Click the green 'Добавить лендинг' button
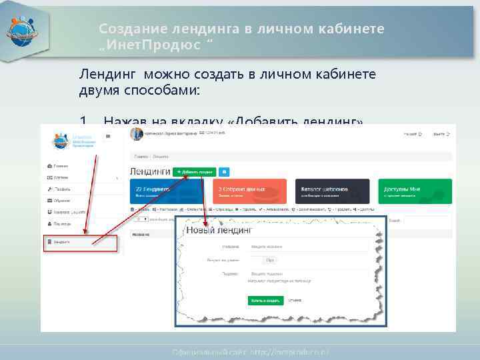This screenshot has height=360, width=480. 194,172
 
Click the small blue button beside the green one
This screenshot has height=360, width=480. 224,172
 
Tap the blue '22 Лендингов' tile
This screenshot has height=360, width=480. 169,191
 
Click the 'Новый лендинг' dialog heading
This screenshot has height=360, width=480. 219,230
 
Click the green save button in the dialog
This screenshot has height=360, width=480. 265,301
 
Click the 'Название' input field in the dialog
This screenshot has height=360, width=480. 309,246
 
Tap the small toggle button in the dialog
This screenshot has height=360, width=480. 269,260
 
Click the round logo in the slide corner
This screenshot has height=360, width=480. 23,30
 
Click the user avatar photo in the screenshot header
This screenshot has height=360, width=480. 137,134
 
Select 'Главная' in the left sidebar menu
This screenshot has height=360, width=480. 59,165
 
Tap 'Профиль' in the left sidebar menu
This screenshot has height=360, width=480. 60,189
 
